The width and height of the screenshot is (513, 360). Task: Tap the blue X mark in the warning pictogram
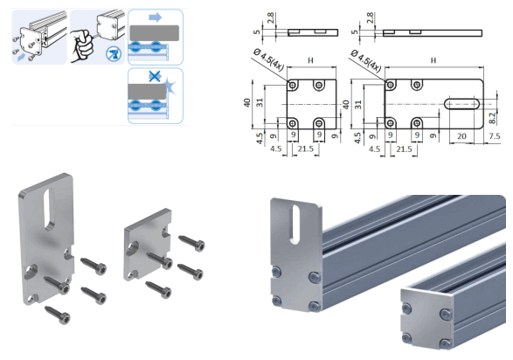[x=154, y=78]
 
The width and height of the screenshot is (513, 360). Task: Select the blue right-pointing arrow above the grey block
[x=154, y=17]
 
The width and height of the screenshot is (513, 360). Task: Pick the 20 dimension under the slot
[x=460, y=136]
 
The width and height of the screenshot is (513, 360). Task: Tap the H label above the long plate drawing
[x=433, y=61]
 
